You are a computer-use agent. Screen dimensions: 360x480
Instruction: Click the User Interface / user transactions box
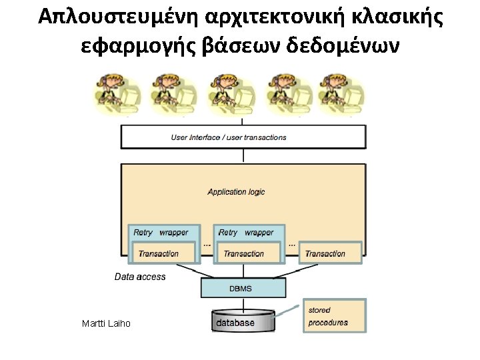point(243,137)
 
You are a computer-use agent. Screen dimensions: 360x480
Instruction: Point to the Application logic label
point(236,192)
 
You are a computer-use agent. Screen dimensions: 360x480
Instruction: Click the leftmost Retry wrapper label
point(161,233)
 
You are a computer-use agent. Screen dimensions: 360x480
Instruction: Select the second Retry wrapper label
point(245,233)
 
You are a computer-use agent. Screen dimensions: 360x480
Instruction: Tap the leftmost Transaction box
point(159,253)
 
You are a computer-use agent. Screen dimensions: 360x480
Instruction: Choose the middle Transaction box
point(243,253)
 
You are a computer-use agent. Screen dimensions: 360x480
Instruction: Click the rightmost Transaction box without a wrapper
point(325,253)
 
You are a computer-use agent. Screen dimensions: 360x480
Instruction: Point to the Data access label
point(140,277)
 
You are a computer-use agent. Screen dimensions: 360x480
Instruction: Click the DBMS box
point(243,288)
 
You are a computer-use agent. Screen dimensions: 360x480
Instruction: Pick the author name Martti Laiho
point(106,323)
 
